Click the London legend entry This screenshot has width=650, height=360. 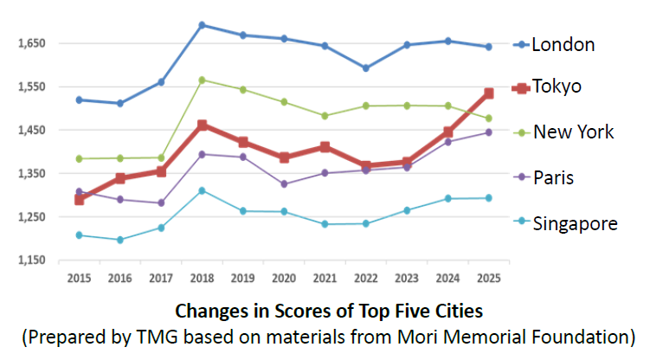[563, 44]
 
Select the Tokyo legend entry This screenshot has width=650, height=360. [557, 87]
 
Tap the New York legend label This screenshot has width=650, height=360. [573, 132]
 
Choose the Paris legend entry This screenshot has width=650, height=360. [553, 177]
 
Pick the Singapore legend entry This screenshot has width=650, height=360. [575, 223]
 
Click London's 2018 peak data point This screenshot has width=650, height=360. [202, 25]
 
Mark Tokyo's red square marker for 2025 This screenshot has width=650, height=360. [488, 93]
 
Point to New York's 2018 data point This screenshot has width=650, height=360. [202, 80]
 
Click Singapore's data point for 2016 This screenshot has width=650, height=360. [119, 240]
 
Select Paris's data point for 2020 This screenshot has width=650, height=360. [283, 183]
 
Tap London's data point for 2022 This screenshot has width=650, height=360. [365, 67]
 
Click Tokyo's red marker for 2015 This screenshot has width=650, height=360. [79, 199]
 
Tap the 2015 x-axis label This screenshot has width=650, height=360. [79, 277]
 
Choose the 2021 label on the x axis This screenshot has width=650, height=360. [325, 277]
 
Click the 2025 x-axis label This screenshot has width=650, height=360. [488, 277]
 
